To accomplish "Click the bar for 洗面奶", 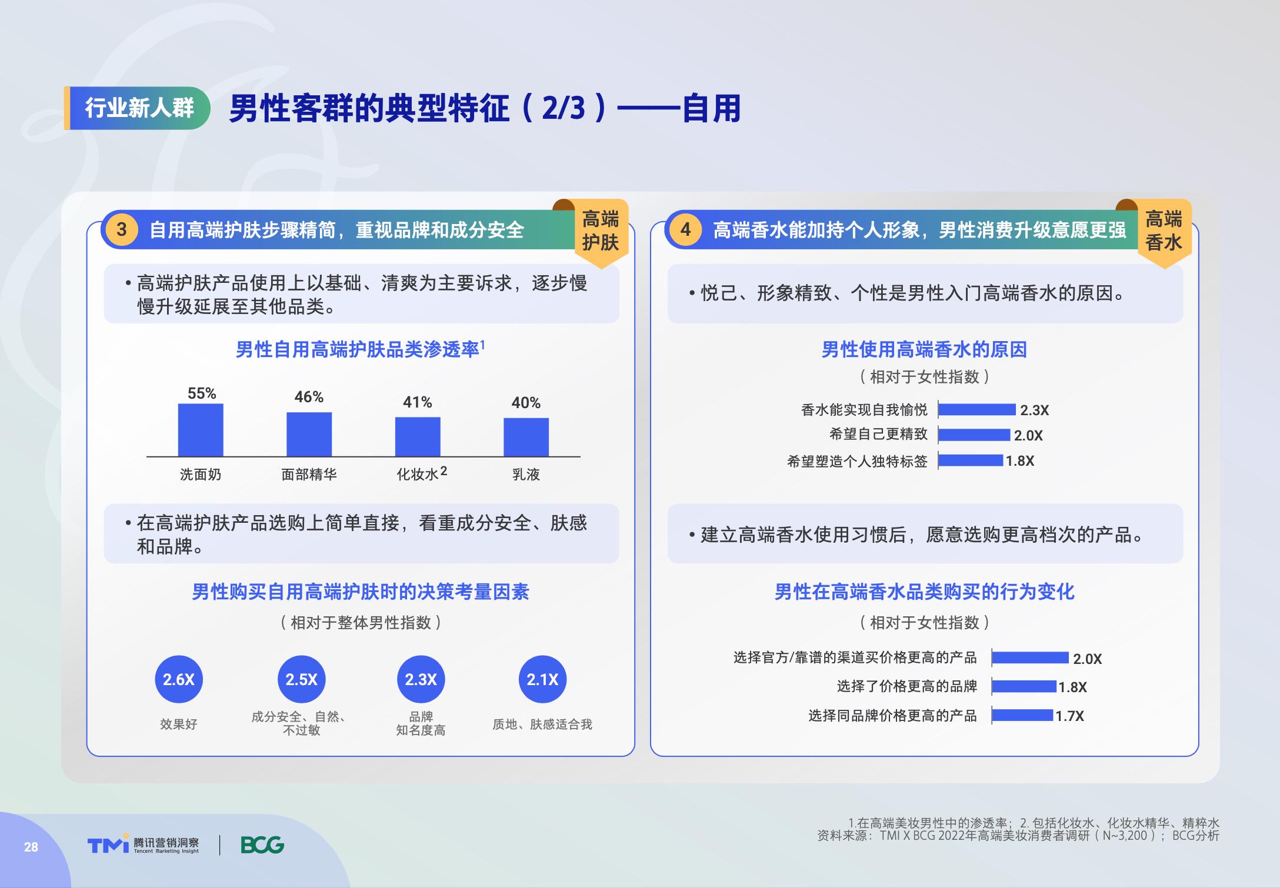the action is [201, 430].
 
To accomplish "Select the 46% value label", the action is [309, 397].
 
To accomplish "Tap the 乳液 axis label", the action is [526, 475].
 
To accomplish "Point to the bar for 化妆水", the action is [418, 437].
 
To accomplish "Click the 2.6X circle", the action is [179, 679].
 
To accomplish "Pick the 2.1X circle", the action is [542, 679].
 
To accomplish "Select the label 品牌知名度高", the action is [421, 723].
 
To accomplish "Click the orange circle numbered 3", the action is [122, 229].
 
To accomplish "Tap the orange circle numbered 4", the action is [685, 229].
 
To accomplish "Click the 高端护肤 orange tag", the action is [601, 231].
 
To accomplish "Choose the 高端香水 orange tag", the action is [1164, 231].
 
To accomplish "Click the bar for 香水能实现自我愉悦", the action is [977, 410].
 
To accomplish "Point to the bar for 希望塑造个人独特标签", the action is [971, 460].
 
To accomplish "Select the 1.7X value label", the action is [1069, 716].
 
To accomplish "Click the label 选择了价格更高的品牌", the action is [907, 686].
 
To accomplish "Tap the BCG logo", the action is [262, 845].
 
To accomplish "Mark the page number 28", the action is [31, 847].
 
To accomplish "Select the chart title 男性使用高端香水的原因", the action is [924, 350].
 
